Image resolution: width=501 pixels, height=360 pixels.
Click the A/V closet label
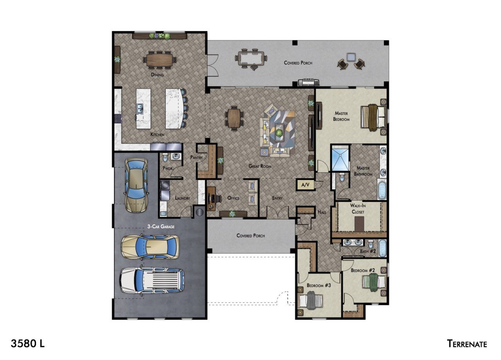click(305, 185)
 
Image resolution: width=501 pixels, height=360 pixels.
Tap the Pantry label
click(196, 157)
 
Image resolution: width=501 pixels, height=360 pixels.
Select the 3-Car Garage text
click(161, 227)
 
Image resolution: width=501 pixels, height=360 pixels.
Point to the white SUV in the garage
click(152, 281)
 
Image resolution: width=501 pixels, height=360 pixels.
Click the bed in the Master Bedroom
click(373, 117)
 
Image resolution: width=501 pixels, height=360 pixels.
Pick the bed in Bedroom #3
click(311, 301)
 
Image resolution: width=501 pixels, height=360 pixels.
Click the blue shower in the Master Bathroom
click(340, 159)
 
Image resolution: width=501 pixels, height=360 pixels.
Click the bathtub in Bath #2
click(382, 248)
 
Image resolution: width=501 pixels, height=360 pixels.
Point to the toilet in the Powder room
click(165, 157)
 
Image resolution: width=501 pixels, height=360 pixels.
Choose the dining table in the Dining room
click(160, 60)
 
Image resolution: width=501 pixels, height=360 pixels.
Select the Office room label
click(233, 198)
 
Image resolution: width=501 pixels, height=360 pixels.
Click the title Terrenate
click(467, 344)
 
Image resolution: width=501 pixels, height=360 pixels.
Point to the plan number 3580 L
click(28, 343)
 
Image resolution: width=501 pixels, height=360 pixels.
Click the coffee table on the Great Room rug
click(279, 132)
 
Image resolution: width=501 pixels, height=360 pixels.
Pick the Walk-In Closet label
click(358, 209)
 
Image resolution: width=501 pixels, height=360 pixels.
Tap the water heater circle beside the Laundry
click(199, 212)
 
